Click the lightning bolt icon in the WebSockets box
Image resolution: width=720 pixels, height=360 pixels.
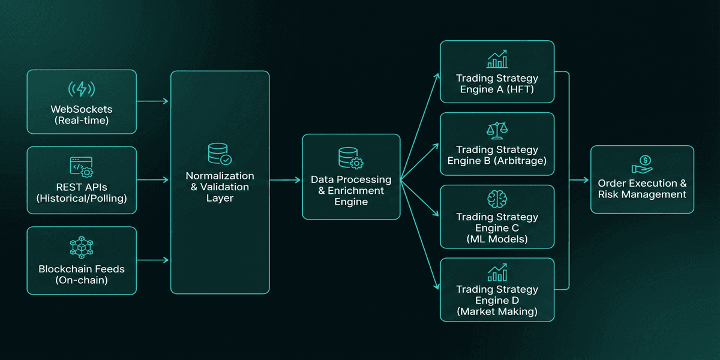click(82, 89)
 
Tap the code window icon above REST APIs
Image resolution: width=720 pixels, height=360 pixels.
click(82, 167)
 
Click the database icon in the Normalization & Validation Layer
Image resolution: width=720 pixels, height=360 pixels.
click(220, 154)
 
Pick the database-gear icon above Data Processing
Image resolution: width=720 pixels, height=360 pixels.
click(350, 158)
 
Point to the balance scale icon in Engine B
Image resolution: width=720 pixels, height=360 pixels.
click(497, 131)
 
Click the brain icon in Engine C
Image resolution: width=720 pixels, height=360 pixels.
click(497, 199)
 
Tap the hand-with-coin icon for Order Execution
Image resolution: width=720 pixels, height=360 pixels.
click(642, 164)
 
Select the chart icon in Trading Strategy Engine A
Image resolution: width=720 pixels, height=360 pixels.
click(497, 59)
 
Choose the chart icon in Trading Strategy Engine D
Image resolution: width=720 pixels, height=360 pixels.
click(497, 273)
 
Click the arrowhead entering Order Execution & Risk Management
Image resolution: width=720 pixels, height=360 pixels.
click(586, 180)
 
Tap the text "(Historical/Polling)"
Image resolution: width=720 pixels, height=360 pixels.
click(82, 199)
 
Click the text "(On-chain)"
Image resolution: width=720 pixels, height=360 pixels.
click(82, 280)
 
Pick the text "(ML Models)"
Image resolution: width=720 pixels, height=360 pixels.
click(497, 239)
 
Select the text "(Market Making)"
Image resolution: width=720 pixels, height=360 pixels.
click(497, 311)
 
